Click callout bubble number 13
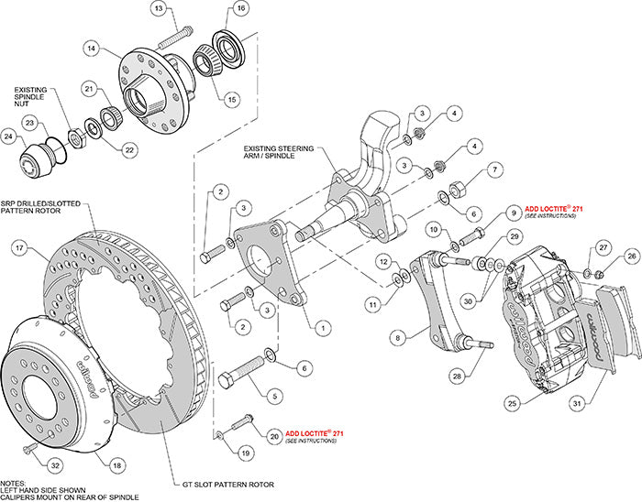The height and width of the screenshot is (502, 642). point(159,9)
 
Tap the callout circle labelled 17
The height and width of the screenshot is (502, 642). point(17,246)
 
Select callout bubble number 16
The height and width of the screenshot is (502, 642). point(241,9)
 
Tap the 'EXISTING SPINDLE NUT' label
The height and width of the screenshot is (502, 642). point(36,96)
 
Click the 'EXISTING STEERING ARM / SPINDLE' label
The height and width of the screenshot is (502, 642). point(279,150)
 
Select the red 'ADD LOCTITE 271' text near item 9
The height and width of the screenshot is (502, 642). point(554,209)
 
